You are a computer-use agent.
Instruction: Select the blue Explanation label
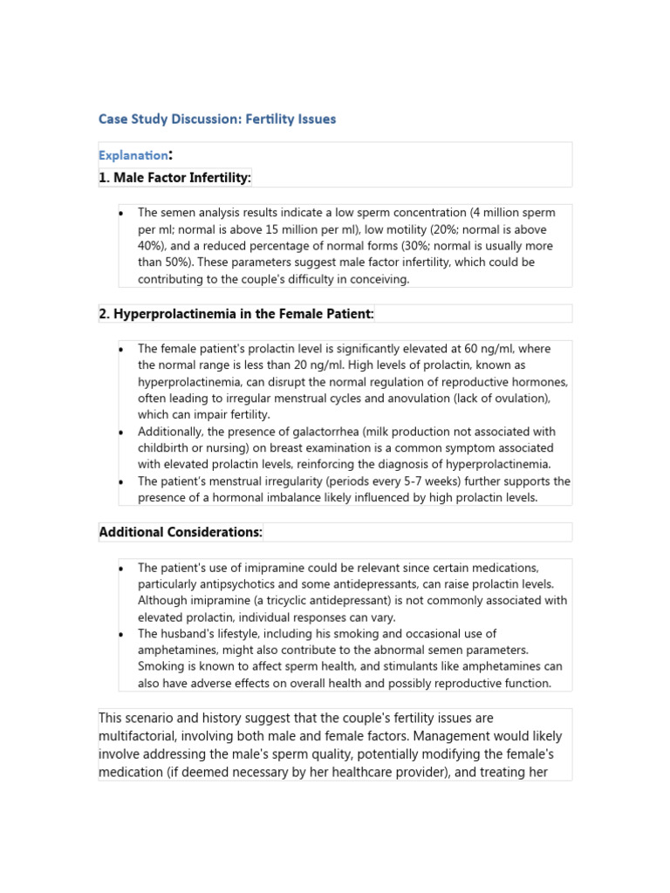pos(133,155)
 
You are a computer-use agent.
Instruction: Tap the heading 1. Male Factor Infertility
pos(174,178)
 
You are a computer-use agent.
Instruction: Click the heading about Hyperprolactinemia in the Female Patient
pos(236,313)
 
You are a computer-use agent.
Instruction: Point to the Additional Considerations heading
pos(181,532)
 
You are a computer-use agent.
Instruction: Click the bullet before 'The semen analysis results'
pos(122,214)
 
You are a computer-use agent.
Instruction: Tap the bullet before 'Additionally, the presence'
pos(122,433)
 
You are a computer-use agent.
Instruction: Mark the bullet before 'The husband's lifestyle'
pos(122,634)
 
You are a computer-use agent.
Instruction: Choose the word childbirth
pos(167,448)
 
